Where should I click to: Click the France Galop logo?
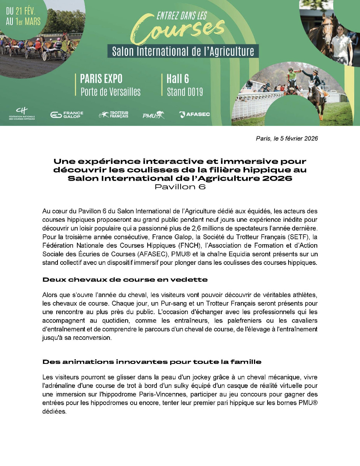pos(67,115)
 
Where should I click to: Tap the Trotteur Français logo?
pos(114,115)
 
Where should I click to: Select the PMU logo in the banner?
pos(153,115)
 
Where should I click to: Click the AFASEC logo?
pos(195,114)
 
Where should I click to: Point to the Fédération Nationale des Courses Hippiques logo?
pos(22,114)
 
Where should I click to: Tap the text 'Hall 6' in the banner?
pos(178,79)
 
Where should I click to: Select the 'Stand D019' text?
pos(185,92)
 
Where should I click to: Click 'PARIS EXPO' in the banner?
pos(101,79)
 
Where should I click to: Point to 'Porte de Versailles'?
pos(110,92)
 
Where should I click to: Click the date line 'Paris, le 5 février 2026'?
pos(287,139)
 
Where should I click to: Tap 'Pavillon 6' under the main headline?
pos(180,187)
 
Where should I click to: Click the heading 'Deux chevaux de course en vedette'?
pos(125,280)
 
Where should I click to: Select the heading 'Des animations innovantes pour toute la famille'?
pos(152,362)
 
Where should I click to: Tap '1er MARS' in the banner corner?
pos(28,21)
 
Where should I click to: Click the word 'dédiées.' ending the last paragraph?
pos(54,412)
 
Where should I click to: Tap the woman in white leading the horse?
pos(342,43)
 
